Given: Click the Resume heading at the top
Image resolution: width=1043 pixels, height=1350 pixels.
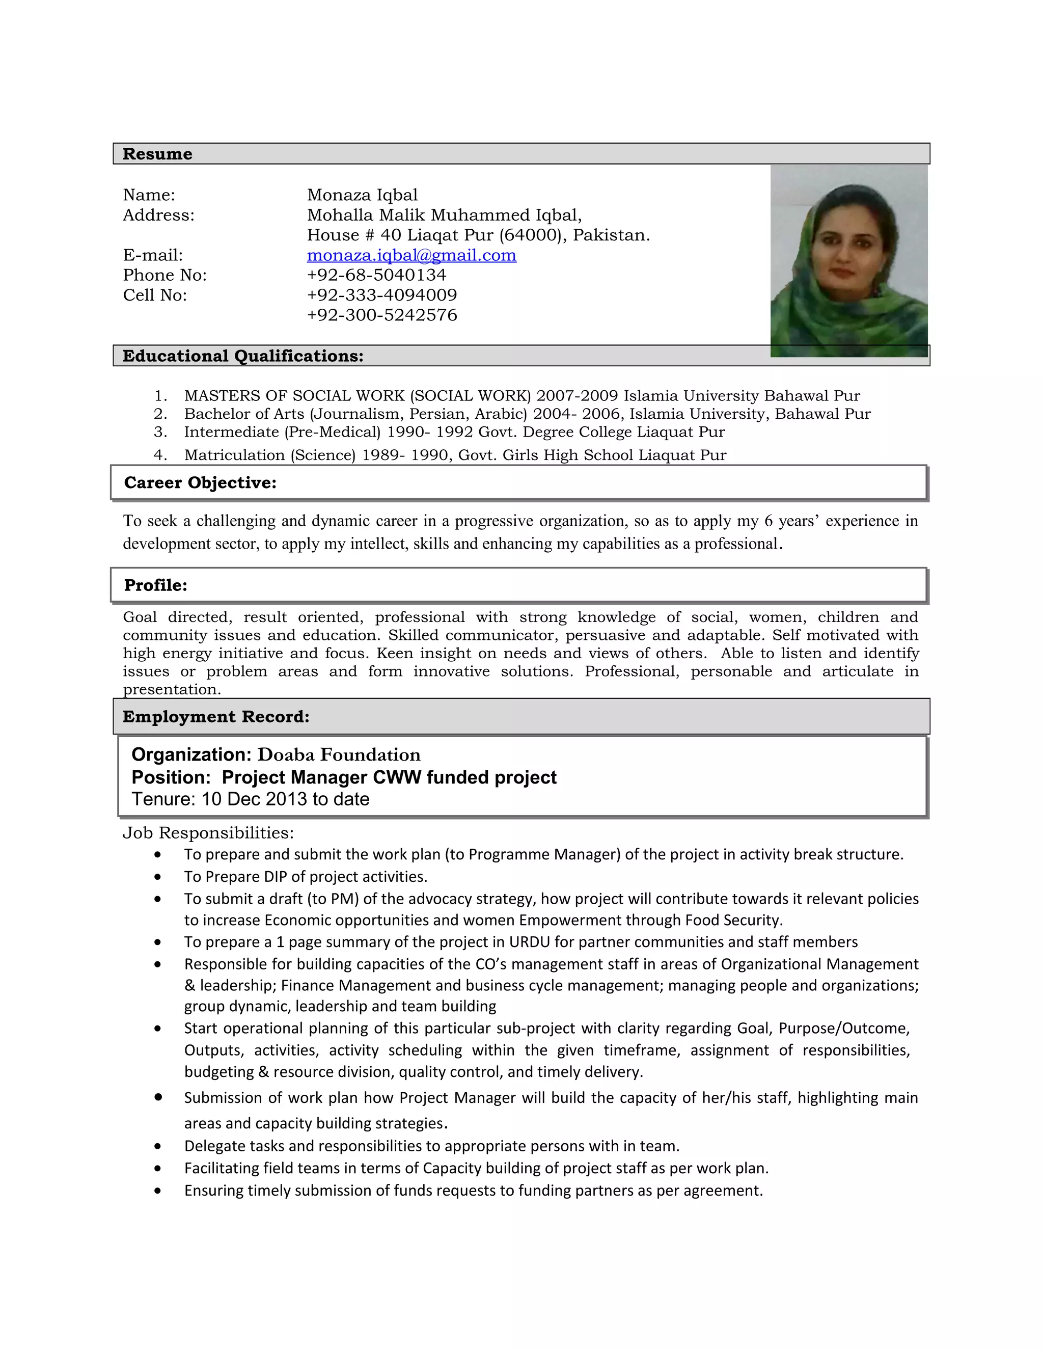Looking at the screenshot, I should click(x=157, y=154).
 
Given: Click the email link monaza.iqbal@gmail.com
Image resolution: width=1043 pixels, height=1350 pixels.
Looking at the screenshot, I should click(x=411, y=255).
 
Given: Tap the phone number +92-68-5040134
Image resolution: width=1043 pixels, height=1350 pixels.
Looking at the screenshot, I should click(x=376, y=275).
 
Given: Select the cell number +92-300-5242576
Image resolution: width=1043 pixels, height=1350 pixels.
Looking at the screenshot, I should click(x=382, y=315).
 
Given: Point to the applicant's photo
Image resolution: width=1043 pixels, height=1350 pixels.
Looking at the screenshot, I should click(x=848, y=261).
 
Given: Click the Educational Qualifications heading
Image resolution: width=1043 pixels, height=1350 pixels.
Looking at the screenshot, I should click(x=243, y=356).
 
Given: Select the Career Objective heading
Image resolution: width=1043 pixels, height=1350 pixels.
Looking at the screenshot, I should click(x=200, y=483).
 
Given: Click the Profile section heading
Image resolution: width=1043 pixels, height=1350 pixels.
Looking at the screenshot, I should click(x=156, y=585).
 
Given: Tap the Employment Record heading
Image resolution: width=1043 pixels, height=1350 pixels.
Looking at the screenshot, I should click(x=215, y=717).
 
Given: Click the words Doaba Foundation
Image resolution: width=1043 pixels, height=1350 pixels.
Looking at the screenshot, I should click(x=339, y=755).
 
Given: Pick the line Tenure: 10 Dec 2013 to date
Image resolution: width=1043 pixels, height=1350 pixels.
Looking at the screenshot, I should click(x=250, y=799).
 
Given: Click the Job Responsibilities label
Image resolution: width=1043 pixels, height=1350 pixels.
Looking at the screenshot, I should click(x=208, y=833).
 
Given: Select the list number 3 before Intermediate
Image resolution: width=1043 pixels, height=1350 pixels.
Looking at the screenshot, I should click(x=160, y=432).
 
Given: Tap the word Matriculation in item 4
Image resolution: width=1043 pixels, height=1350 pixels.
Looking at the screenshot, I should click(x=234, y=455).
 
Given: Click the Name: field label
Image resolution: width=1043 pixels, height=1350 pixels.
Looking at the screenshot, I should click(x=149, y=195).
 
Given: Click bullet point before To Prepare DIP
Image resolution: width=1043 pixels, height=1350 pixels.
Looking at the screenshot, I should click(x=158, y=877).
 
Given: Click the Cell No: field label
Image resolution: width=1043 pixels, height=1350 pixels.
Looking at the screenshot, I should click(x=154, y=295).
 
